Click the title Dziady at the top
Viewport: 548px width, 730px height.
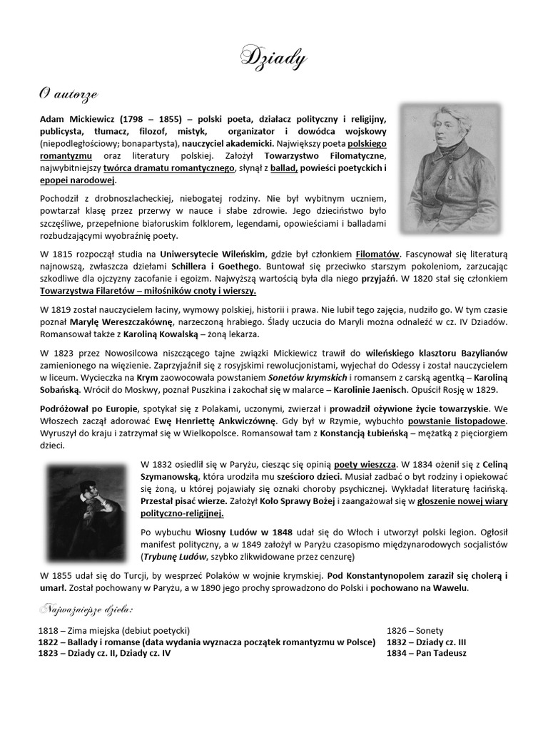point(274,56)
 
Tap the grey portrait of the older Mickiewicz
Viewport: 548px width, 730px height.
point(450,167)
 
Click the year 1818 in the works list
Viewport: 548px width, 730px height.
point(48,631)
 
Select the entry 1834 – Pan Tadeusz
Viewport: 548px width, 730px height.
point(427,653)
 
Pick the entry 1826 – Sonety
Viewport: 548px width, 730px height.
point(415,631)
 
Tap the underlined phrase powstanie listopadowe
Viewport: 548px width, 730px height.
point(467,421)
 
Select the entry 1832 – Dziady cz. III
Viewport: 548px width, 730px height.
point(426,642)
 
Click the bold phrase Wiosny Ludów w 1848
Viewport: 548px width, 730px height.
point(232,531)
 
